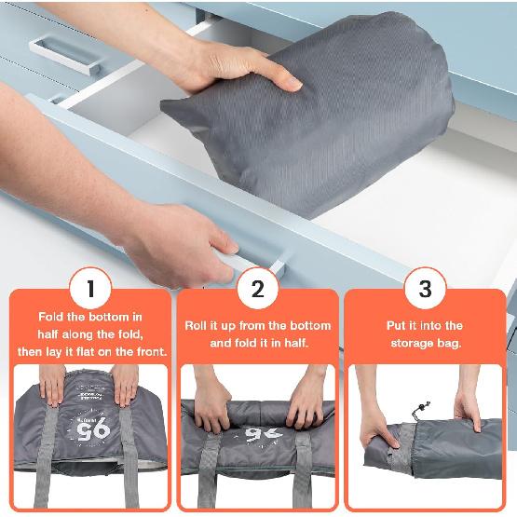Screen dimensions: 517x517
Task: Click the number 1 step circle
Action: (x=90, y=289)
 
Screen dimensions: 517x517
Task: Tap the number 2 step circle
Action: (x=258, y=289)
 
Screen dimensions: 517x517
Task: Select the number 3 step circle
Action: (x=426, y=289)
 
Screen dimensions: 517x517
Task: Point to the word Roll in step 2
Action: (x=201, y=326)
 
